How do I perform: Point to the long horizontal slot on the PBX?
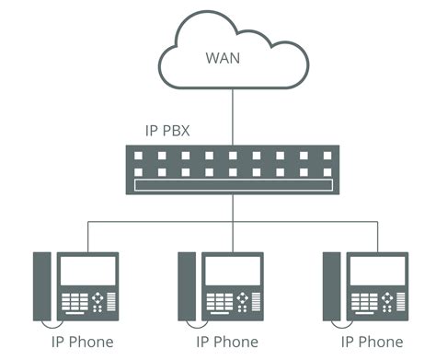pyautogui.click(x=231, y=186)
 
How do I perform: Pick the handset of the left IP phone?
pyautogui.click(x=42, y=285)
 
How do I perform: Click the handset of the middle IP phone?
pyautogui.click(x=187, y=285)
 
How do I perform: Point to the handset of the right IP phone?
pyautogui.click(x=331, y=285)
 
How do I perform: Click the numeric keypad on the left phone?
pyautogui.click(x=75, y=302)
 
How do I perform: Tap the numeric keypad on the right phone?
pyautogui.click(x=363, y=302)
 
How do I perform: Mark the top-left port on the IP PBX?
pyautogui.click(x=140, y=155)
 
